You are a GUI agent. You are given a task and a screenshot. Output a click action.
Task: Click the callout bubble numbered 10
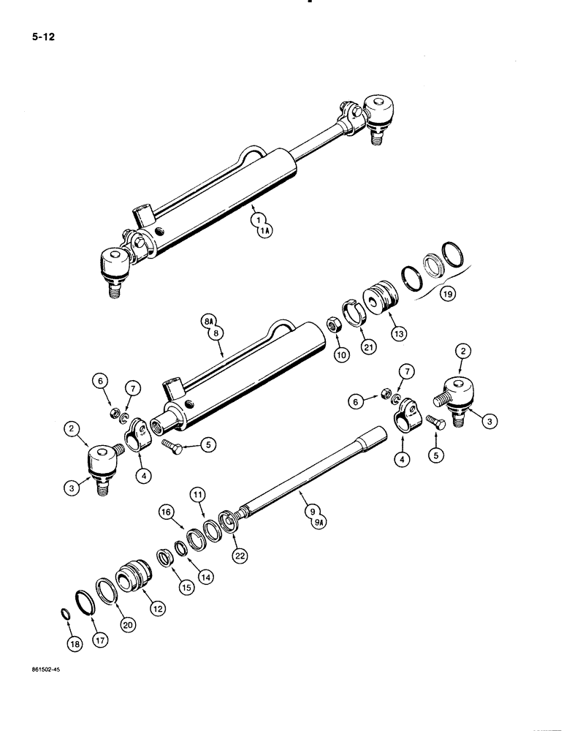(340, 355)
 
